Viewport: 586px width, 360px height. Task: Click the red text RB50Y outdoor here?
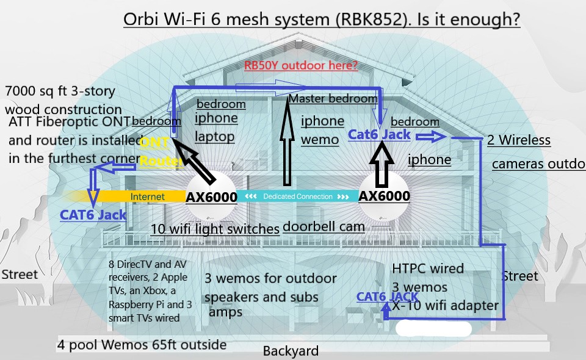301,65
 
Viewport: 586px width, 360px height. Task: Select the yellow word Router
161,162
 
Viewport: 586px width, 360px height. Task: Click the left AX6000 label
211,196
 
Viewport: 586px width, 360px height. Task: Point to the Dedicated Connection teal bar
297,196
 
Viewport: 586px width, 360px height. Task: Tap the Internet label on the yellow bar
148,196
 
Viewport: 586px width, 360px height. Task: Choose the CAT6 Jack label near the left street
93,215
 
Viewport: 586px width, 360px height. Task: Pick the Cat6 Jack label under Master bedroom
379,135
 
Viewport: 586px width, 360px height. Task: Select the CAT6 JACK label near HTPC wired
388,297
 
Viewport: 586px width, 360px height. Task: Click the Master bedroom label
333,98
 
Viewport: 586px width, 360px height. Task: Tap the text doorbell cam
324,226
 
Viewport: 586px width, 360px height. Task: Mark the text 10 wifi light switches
215,229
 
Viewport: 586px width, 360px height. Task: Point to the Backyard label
291,351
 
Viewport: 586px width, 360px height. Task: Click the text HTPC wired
428,268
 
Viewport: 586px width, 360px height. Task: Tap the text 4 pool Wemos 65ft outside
142,345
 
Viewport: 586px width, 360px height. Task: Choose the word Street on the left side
20,274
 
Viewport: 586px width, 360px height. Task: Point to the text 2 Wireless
519,140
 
